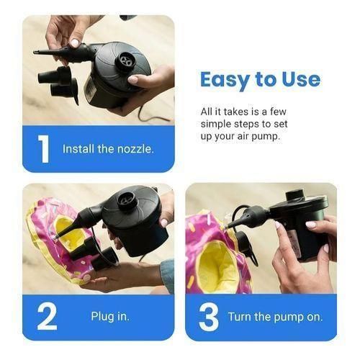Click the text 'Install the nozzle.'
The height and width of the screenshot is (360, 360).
pos(108,149)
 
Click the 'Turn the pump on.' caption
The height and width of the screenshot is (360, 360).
pos(276,317)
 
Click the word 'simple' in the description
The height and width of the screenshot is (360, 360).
pos(215,125)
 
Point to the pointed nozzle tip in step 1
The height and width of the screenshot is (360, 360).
pos(37,53)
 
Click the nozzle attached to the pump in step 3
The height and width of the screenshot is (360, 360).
pos(251,215)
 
